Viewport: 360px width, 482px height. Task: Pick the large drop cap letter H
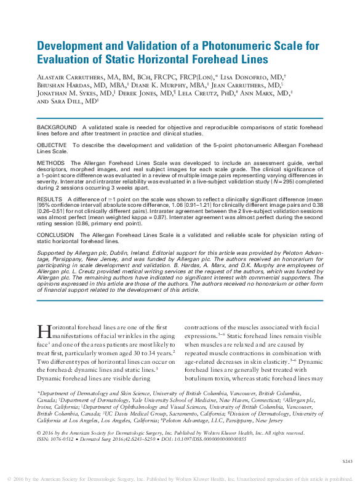click(43, 332)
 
